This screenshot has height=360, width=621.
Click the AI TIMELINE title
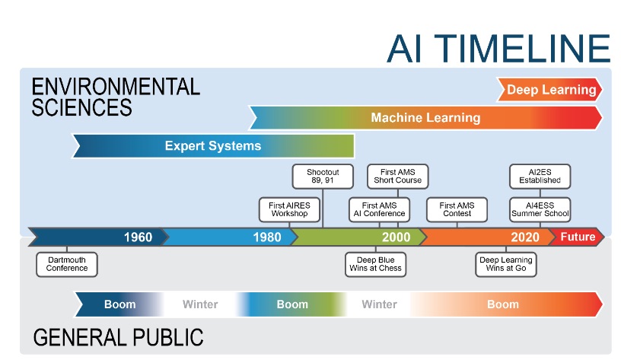pos(498,48)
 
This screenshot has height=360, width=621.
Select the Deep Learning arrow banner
pos(549,90)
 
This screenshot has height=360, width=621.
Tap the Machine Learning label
pos(425,118)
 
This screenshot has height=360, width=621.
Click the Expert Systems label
pos(213,145)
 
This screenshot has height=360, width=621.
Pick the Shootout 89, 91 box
pos(323,177)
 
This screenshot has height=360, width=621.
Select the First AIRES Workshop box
pos(289,209)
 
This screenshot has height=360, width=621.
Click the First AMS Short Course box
pos(397,177)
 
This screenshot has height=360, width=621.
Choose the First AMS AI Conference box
pos(380,209)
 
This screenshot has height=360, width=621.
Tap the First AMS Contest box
pos(457,209)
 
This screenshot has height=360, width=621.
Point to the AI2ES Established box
pos(540,177)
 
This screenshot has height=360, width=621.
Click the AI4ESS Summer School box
pos(540,209)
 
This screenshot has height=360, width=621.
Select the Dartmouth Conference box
pos(67,264)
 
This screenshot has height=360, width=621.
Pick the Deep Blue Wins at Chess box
pos(375,264)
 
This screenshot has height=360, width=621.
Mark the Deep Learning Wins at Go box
pos(506,264)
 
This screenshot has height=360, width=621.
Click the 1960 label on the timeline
pos(138,237)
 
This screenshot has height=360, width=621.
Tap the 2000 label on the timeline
pos(396,237)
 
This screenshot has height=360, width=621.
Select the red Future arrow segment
pos(576,237)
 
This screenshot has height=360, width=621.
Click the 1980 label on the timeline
pos(267,237)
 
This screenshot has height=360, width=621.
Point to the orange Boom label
pos(503,304)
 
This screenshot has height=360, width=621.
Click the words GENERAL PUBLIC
pos(118,337)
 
